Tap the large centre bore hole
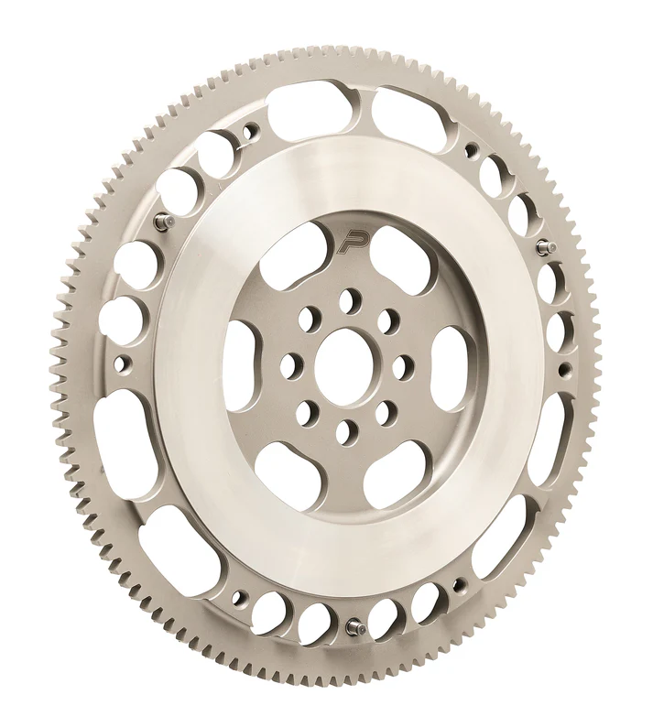(x=345, y=361)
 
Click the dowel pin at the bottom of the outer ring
(x=352, y=629)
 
